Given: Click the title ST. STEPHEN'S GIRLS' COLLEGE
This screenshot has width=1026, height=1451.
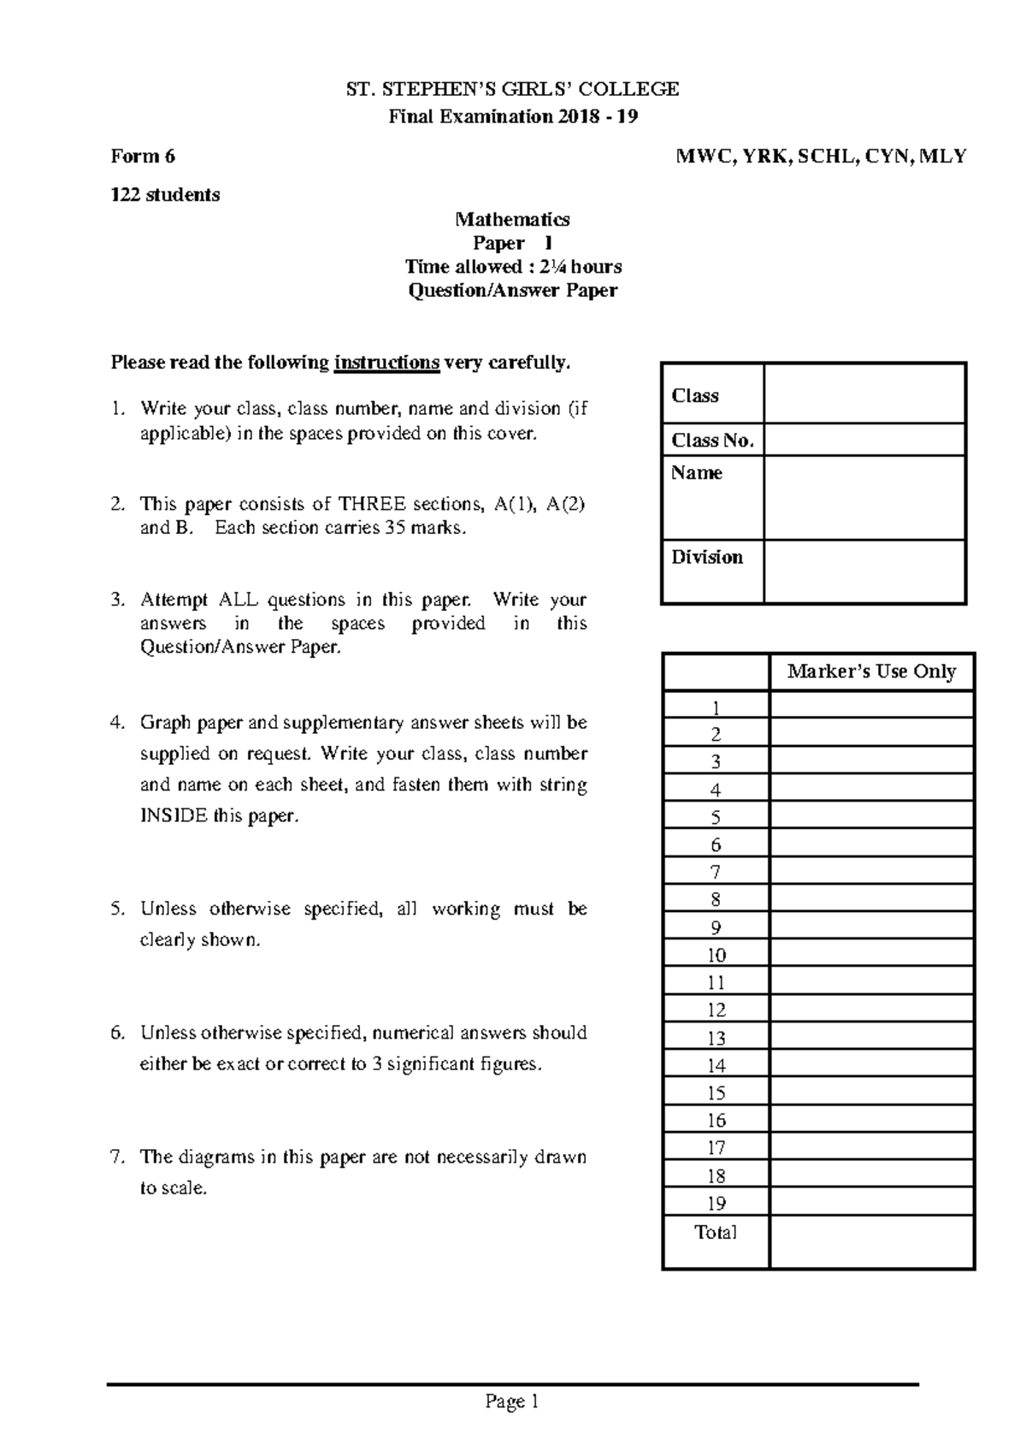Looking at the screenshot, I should click(512, 90).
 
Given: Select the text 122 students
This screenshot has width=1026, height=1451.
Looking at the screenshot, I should click(165, 195).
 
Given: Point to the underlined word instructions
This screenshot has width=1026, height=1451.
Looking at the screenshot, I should click(386, 363).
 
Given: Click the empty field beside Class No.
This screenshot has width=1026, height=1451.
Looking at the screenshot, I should click(864, 441).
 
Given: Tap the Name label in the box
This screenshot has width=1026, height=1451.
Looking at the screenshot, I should click(696, 473).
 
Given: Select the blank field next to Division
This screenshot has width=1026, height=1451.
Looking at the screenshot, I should click(864, 572).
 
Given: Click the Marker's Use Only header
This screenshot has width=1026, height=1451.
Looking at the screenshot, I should click(871, 672).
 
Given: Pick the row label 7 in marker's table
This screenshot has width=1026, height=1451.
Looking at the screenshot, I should click(716, 873).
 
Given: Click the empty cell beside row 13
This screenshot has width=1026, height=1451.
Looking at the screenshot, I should click(871, 1038).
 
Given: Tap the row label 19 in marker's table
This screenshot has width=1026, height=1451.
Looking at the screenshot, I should click(716, 1204).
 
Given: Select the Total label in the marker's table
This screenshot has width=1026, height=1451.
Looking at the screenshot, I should click(716, 1233).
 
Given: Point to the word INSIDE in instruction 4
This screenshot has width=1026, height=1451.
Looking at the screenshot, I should click(174, 816).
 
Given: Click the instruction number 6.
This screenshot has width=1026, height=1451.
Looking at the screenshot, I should click(117, 1033).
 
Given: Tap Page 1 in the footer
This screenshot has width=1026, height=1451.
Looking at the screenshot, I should click(512, 1401).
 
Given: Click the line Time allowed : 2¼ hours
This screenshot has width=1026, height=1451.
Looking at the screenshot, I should click(513, 267).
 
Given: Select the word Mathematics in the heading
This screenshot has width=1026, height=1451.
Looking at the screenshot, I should click(512, 220).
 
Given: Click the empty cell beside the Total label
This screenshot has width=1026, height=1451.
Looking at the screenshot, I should click(871, 1241).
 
